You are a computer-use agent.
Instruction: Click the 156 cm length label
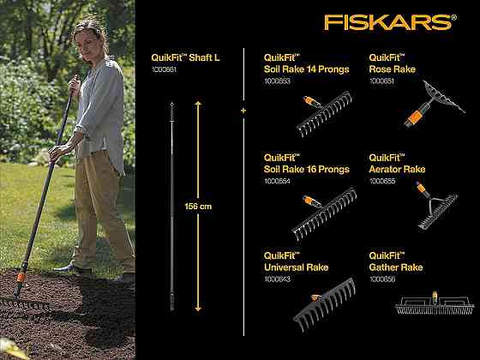point(197,206)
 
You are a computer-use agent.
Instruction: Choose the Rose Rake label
point(393,69)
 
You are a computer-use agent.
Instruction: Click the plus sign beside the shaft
point(243,111)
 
